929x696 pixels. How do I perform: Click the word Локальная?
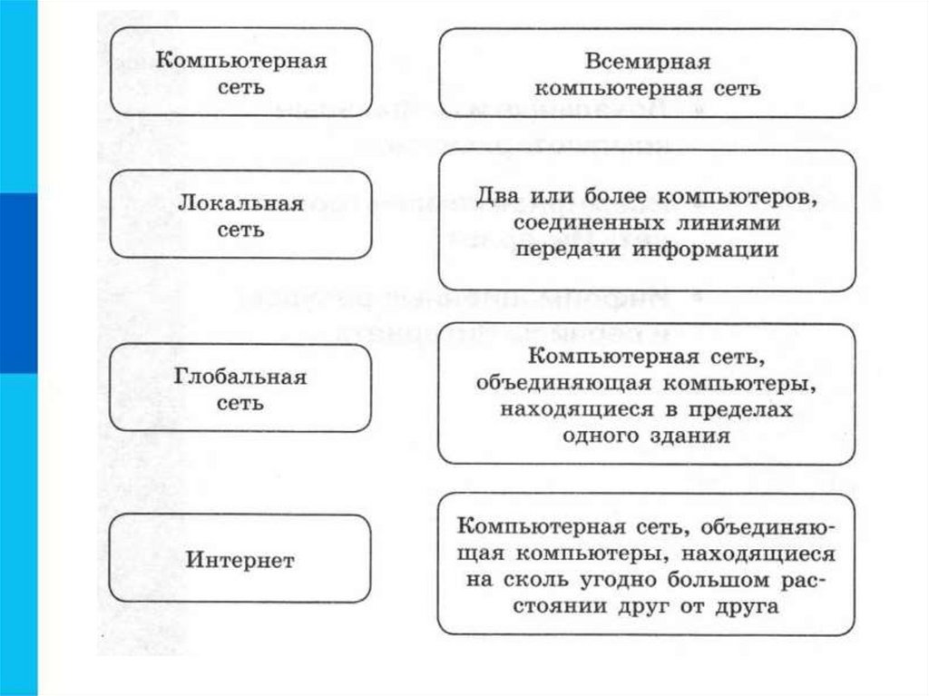click(x=240, y=202)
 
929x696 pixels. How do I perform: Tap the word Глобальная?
click(x=240, y=376)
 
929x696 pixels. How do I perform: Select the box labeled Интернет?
click(x=240, y=559)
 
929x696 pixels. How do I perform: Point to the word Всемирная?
click(x=647, y=63)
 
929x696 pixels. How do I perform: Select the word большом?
click(x=713, y=580)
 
